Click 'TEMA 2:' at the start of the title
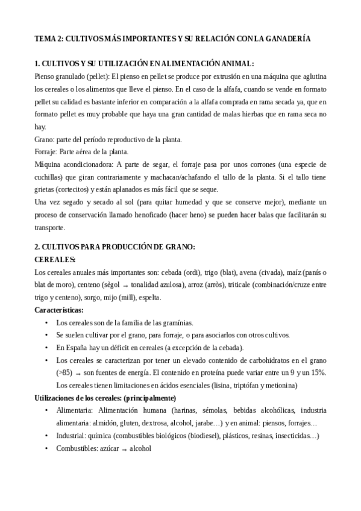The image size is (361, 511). [x=48, y=38]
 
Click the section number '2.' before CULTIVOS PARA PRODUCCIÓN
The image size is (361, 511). [x=37, y=247]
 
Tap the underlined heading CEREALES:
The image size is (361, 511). [x=55, y=260]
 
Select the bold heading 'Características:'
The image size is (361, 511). [x=59, y=310]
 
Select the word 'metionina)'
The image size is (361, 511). [x=280, y=385]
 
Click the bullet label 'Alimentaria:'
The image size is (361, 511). [x=75, y=410]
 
